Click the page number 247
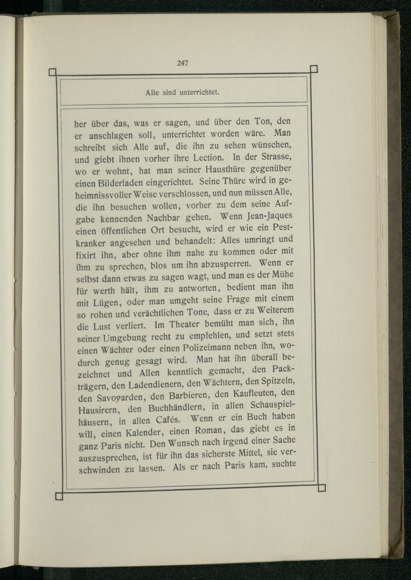coord(183,63)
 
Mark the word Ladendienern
coord(151,385)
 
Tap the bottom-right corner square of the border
coord(322,487)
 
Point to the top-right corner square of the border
coord(314,68)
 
